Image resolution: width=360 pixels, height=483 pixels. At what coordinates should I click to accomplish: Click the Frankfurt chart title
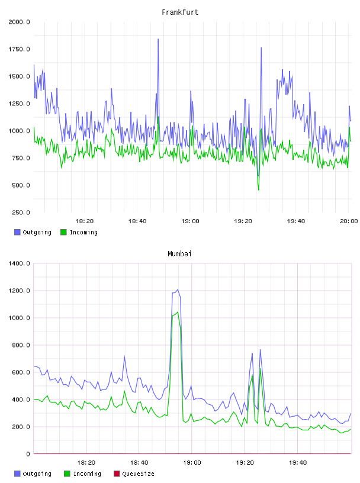pyautogui.click(x=180, y=12)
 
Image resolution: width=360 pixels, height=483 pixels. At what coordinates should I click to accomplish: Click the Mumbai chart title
pyautogui.click(x=179, y=254)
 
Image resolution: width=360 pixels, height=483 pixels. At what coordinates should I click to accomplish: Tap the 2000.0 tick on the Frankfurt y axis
pyautogui.click(x=19, y=22)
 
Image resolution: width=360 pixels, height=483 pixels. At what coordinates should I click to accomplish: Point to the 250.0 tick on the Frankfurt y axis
pyautogui.click(x=21, y=212)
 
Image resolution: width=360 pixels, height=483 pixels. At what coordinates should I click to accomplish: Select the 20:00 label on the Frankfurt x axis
pyautogui.click(x=349, y=221)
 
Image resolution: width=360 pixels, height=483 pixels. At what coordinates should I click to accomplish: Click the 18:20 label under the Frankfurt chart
pyautogui.click(x=85, y=221)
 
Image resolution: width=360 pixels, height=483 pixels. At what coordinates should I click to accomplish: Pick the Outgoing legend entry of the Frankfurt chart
pyautogui.click(x=33, y=232)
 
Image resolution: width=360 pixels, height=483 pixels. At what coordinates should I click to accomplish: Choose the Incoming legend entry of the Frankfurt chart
pyautogui.click(x=79, y=232)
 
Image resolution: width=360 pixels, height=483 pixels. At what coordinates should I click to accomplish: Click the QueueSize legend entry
pyautogui.click(x=134, y=474)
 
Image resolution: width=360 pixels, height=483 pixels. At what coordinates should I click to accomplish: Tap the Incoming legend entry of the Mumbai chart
pyautogui.click(x=83, y=474)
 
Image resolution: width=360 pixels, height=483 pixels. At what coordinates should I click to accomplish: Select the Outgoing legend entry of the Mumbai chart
pyautogui.click(x=33, y=474)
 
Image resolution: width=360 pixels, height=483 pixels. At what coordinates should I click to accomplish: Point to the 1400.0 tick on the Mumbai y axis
pyautogui.click(x=19, y=263)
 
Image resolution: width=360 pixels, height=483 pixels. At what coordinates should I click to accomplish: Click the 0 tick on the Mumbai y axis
pyautogui.click(x=28, y=454)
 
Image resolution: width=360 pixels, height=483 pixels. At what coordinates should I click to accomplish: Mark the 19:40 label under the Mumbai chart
pyautogui.click(x=298, y=463)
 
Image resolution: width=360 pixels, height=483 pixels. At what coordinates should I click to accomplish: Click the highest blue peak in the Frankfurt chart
pyautogui.click(x=158, y=40)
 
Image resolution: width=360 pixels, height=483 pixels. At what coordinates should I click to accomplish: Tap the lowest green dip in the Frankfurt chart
pyautogui.click(x=259, y=190)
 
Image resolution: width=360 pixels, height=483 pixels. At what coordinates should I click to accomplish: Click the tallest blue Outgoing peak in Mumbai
pyautogui.click(x=178, y=289)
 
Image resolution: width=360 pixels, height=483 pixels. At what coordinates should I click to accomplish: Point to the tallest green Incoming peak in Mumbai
pyautogui.click(x=178, y=312)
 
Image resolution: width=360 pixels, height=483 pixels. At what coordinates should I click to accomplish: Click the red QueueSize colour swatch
pyautogui.click(x=117, y=474)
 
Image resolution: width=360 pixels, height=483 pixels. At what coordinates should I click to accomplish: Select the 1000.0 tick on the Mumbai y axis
pyautogui.click(x=19, y=318)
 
